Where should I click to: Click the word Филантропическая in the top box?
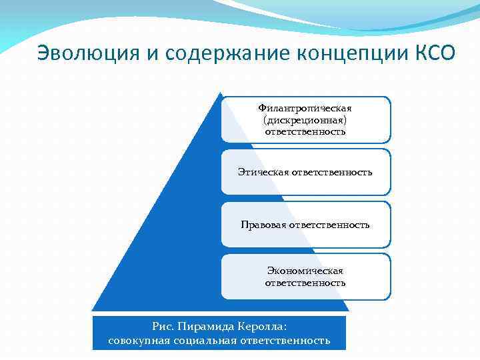(x=305, y=107)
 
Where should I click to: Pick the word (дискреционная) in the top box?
(x=305, y=119)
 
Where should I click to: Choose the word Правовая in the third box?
(x=263, y=225)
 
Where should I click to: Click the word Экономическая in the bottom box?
(x=305, y=271)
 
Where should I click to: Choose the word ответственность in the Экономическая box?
(x=305, y=283)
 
